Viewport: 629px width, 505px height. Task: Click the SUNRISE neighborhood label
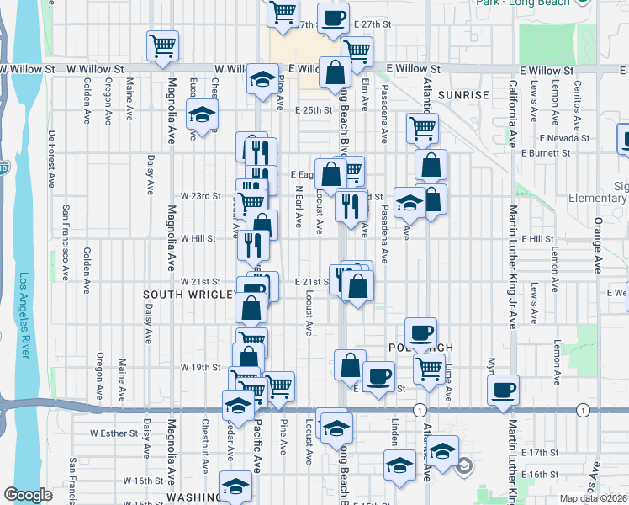(462, 95)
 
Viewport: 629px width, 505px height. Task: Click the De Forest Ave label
(52, 158)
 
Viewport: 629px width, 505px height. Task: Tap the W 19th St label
(200, 368)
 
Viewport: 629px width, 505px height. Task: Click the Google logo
(28, 495)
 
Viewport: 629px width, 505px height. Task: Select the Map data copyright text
(592, 498)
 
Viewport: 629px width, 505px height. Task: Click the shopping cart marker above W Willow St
(161, 46)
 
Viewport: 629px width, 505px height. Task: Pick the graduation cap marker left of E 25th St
(202, 116)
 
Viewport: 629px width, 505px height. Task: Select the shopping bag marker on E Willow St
(335, 73)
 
